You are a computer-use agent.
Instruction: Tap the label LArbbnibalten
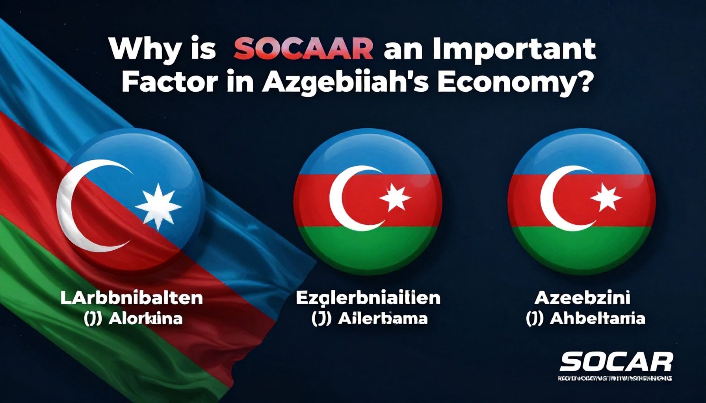pos(132,298)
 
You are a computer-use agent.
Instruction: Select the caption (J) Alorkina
pos(133,318)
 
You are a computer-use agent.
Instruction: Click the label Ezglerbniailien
pos(368,298)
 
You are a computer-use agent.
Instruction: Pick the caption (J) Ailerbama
pos(369,318)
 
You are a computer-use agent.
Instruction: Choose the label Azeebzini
pos(582,298)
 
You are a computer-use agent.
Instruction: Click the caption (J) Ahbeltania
pos(585,318)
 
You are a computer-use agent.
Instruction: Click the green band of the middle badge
pos(368,248)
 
